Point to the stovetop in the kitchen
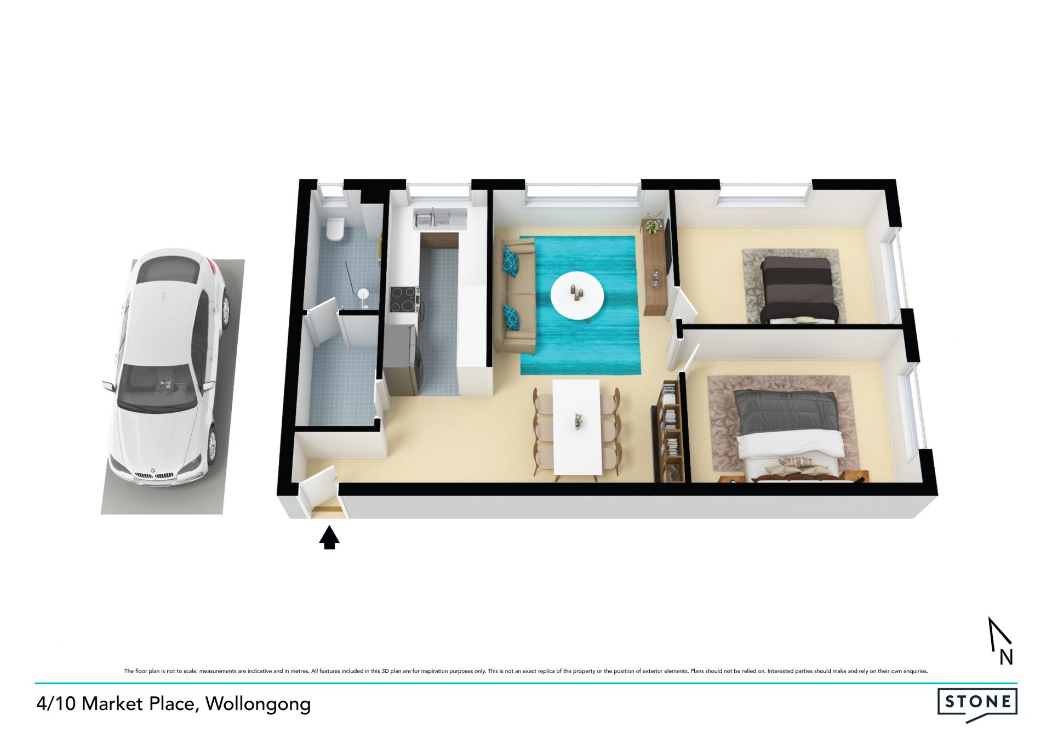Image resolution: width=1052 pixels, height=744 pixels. (x=405, y=299)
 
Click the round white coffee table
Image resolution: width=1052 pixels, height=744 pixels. (x=577, y=296)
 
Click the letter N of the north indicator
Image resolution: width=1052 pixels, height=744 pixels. (x=1006, y=657)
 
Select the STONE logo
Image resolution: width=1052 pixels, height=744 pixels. (x=977, y=704)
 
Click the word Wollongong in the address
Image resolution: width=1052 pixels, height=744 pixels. (x=258, y=705)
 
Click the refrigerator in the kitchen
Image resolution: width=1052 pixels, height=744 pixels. (x=402, y=359)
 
